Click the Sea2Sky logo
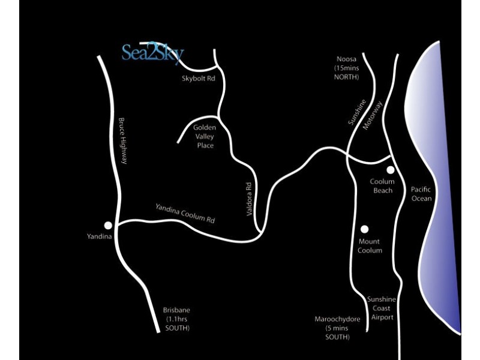coord(153,53)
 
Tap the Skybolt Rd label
coord(199,79)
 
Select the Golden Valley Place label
coord(205,136)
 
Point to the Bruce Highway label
coord(122,141)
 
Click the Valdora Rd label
coord(249,199)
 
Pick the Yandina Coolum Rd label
coord(185,214)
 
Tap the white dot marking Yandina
coord(108,226)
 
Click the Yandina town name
coord(99,236)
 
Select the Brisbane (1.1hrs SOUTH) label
coord(176,319)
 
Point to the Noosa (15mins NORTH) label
coord(347,68)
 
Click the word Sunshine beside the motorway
coord(357,112)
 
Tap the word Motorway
coord(373,115)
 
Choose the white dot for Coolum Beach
coord(391,170)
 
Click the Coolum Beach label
coord(382,186)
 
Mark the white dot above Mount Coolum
coord(364,229)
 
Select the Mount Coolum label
coord(370,246)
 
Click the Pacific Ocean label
coord(421,194)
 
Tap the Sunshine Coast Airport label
coord(382,308)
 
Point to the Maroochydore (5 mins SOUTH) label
coord(337,328)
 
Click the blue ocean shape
coord(434,184)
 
